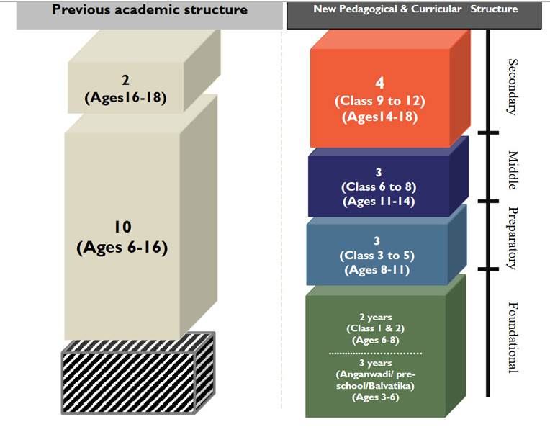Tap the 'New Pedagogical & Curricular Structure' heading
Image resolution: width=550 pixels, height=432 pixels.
coord(415,9)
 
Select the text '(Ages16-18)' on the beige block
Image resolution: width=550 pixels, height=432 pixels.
coord(126,97)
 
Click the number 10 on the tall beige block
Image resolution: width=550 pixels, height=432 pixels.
coord(122,227)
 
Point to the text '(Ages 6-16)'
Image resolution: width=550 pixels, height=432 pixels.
coord(122,248)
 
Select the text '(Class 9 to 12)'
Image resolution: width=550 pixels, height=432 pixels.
coord(379,102)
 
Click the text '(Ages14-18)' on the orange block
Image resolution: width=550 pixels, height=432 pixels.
coord(379,117)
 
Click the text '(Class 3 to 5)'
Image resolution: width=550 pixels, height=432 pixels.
coord(378,256)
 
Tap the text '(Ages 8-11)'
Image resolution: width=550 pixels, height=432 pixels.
coord(378,270)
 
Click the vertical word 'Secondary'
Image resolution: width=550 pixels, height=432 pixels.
coord(513,86)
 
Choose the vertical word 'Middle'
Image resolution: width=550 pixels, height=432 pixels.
coord(513,170)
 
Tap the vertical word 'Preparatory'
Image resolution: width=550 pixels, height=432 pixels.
coord(513,238)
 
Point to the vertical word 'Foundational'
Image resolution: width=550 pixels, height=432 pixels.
coord(513,337)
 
